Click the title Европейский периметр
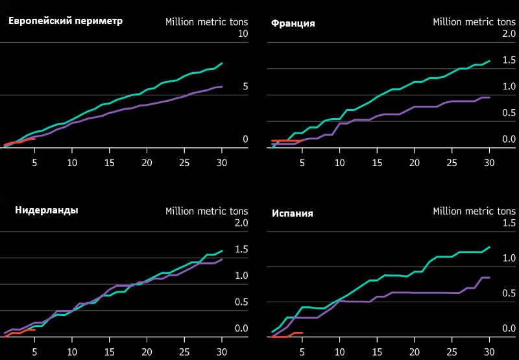tap(66, 21)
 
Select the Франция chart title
tap(293, 23)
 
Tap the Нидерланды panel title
tap(47, 210)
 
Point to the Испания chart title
tap(293, 213)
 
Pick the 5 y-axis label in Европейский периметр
tap(245, 87)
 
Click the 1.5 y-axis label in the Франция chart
tap(509, 60)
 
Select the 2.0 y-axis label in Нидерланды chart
tap(241, 223)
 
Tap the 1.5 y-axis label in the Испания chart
tap(509, 223)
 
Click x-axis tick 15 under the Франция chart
tap(377, 163)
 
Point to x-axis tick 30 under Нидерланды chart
tap(221, 352)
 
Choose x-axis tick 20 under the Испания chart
tap(415, 352)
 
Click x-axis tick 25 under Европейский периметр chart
tap(184, 163)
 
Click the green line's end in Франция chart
tap(490, 61)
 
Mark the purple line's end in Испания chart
tap(490, 278)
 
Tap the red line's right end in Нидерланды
tap(35, 330)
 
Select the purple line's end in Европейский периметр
tap(222, 87)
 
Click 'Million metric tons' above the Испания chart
tap(474, 211)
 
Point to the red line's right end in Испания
tap(302, 333)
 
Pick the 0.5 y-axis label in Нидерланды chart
tap(241, 302)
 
